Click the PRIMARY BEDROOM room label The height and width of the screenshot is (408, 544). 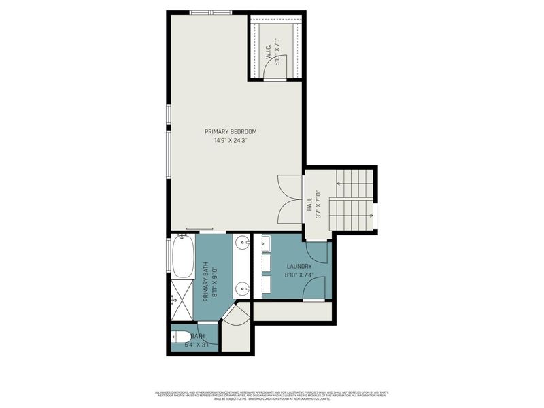coord(231,131)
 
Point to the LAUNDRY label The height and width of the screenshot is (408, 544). coord(299,266)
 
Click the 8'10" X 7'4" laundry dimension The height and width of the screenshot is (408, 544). coord(299,275)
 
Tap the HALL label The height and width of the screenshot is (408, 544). coord(309,204)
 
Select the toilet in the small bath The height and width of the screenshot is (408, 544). coord(180,336)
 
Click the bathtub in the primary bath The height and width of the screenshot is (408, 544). coord(182,256)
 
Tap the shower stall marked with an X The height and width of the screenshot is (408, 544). coord(182,299)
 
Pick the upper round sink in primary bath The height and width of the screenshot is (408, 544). coord(243,243)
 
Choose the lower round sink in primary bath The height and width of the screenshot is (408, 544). coord(243,289)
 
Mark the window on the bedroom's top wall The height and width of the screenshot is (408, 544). coord(210,12)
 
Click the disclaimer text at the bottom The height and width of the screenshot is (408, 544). coord(271,394)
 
